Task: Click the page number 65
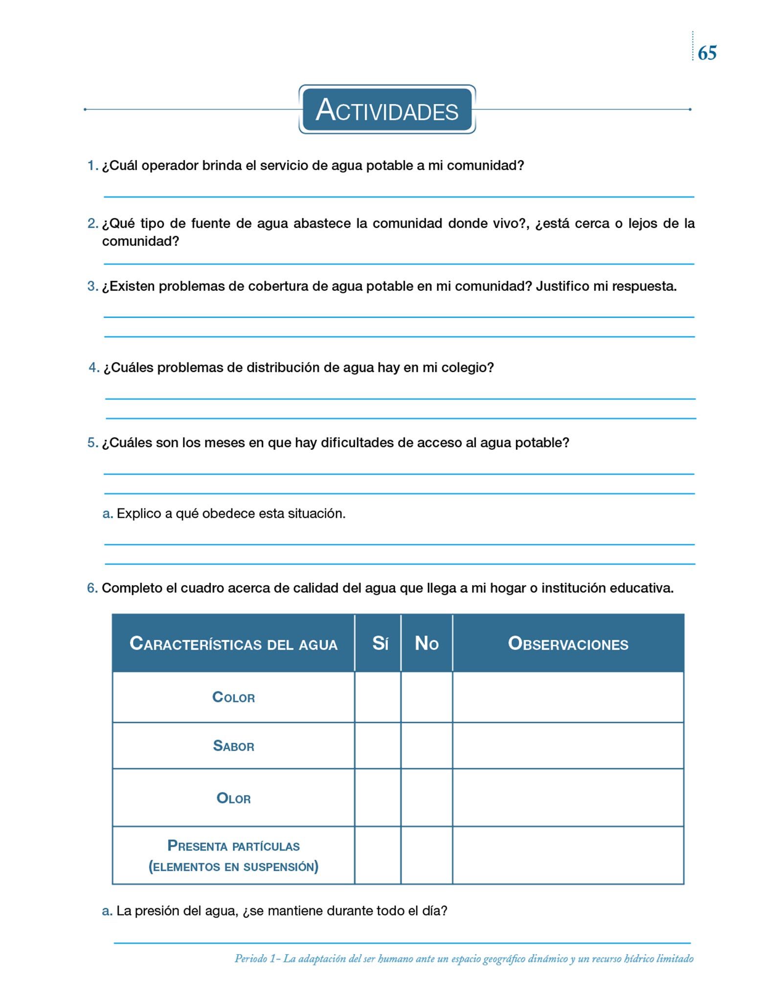click(707, 53)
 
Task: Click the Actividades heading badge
click(387, 109)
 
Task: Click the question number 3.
click(92, 286)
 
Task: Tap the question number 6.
click(92, 588)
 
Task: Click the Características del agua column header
click(233, 644)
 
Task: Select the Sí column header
click(380, 643)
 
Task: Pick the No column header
click(427, 643)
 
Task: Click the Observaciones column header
click(568, 644)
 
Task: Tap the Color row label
click(233, 697)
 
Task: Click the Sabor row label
click(233, 746)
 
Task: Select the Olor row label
click(233, 798)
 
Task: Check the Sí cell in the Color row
click(378, 697)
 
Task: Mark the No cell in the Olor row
click(427, 798)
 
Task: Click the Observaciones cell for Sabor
click(568, 746)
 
